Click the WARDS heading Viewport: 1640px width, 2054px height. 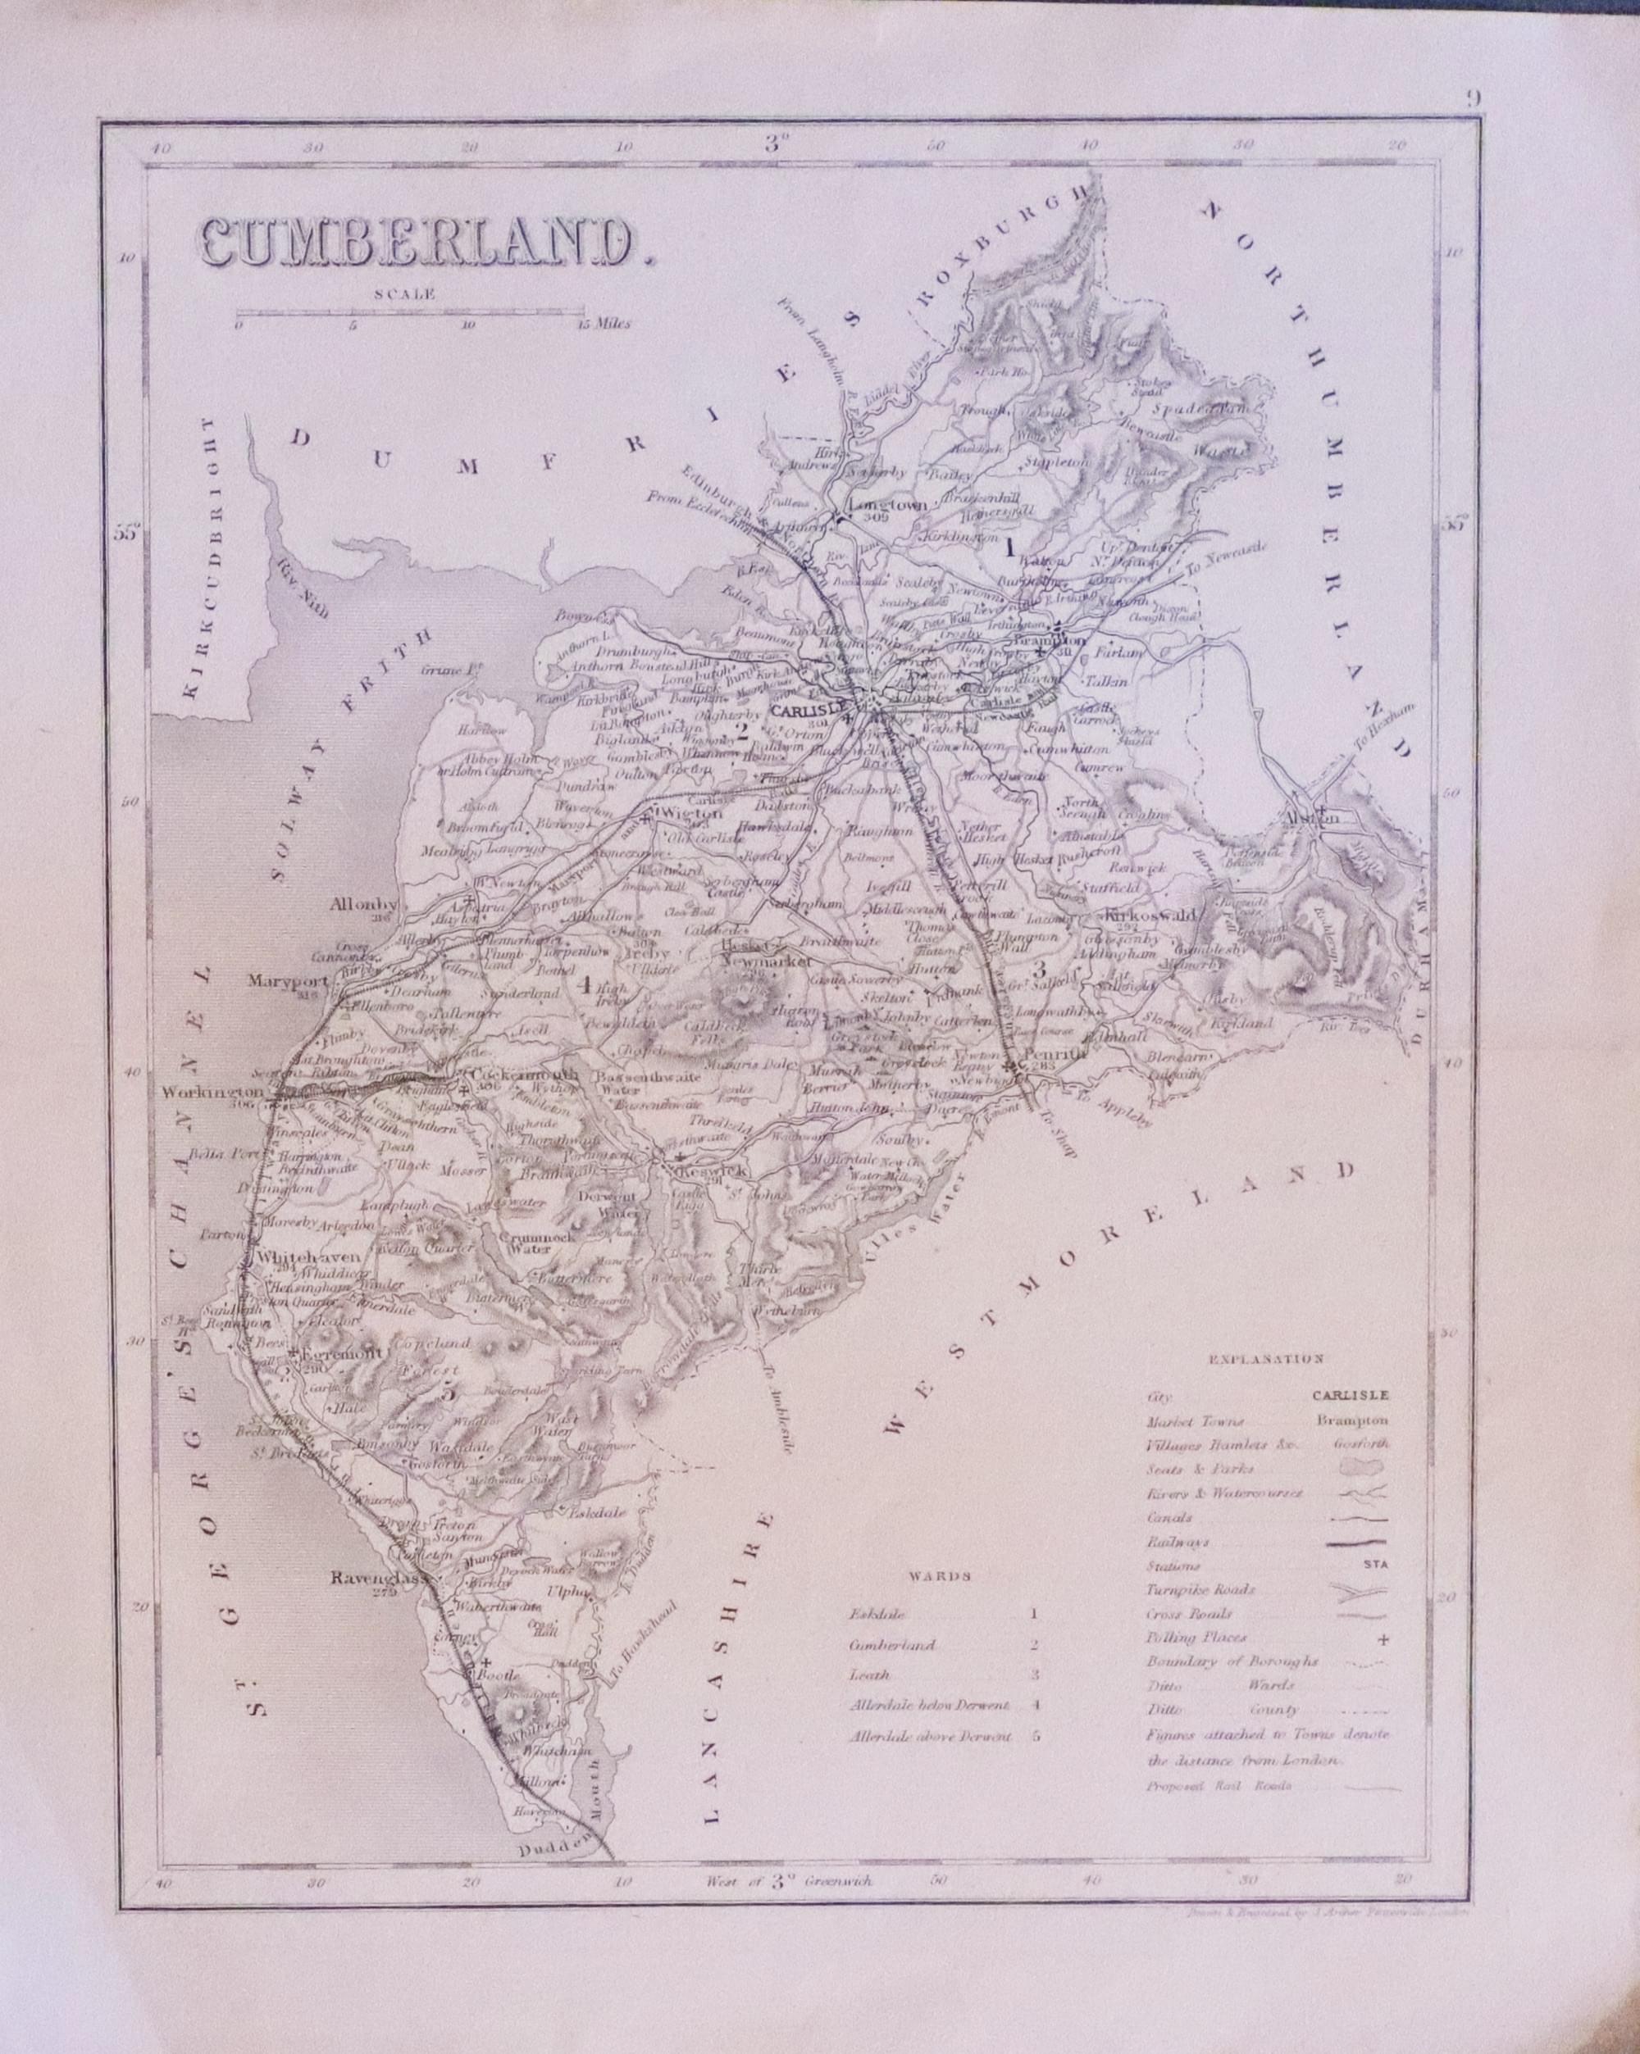click(x=945, y=1576)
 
